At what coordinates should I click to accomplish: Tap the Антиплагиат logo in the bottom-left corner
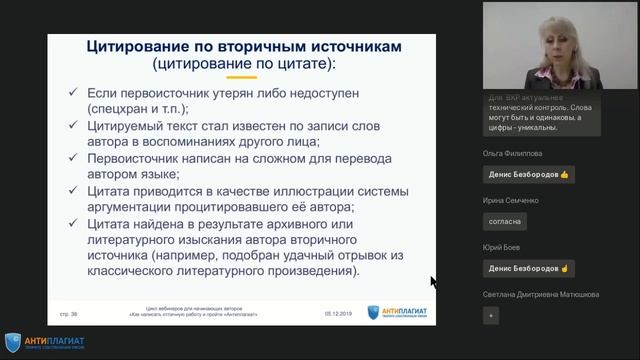pos(44,342)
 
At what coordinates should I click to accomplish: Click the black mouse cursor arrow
pos(433,281)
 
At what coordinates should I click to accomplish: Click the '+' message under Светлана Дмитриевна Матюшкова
pos(490,315)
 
